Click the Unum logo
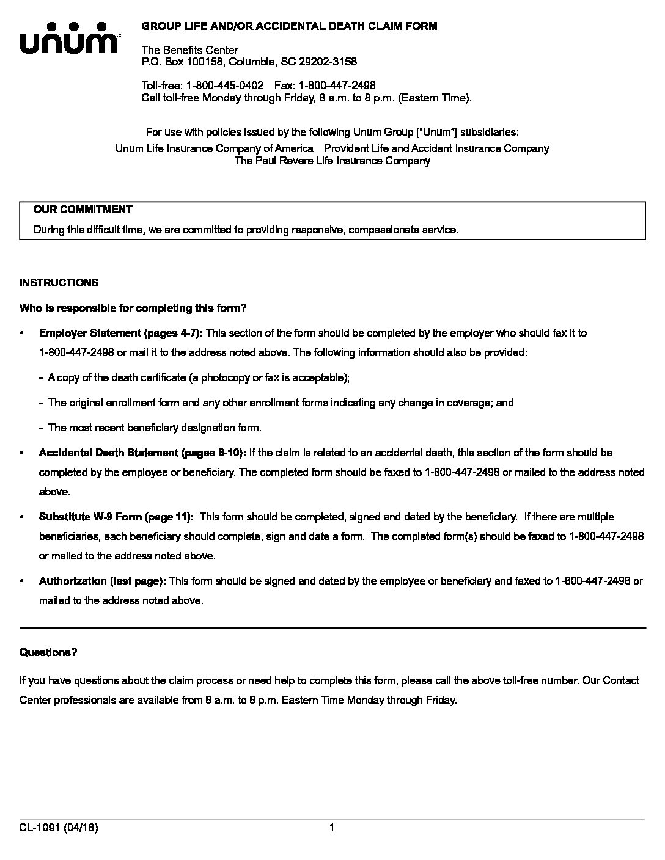[68, 38]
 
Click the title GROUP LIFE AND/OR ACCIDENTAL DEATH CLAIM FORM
[289, 26]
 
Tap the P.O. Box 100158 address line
[249, 62]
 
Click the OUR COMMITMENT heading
[83, 210]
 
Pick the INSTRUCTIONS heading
[59, 283]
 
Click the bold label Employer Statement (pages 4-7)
[120, 333]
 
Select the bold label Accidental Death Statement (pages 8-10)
[142, 453]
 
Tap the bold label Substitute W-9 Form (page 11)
[116, 517]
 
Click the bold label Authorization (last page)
[103, 581]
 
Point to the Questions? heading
[48, 652]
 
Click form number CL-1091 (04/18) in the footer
[59, 828]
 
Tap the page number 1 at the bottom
[332, 828]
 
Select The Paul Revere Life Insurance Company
[332, 161]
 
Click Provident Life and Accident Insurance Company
[436, 148]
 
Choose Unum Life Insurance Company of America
[214, 148]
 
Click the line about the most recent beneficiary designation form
[155, 428]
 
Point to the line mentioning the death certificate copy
[199, 377]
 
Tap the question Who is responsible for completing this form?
[133, 308]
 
